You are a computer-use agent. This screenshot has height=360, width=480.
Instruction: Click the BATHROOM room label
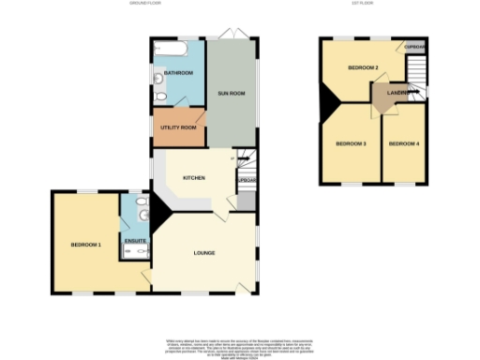[178, 73]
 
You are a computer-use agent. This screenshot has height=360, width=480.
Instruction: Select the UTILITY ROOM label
[178, 127]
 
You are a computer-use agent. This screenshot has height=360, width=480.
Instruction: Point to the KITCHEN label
[194, 177]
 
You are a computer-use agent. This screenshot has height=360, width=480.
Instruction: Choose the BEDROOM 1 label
[85, 245]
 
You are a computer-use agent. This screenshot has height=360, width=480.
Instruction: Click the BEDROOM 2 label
[362, 68]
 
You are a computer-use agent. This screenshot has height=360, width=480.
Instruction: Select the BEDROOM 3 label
[351, 143]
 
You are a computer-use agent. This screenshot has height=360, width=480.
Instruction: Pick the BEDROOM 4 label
[402, 143]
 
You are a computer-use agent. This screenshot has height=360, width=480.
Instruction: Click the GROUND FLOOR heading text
[146, 4]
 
